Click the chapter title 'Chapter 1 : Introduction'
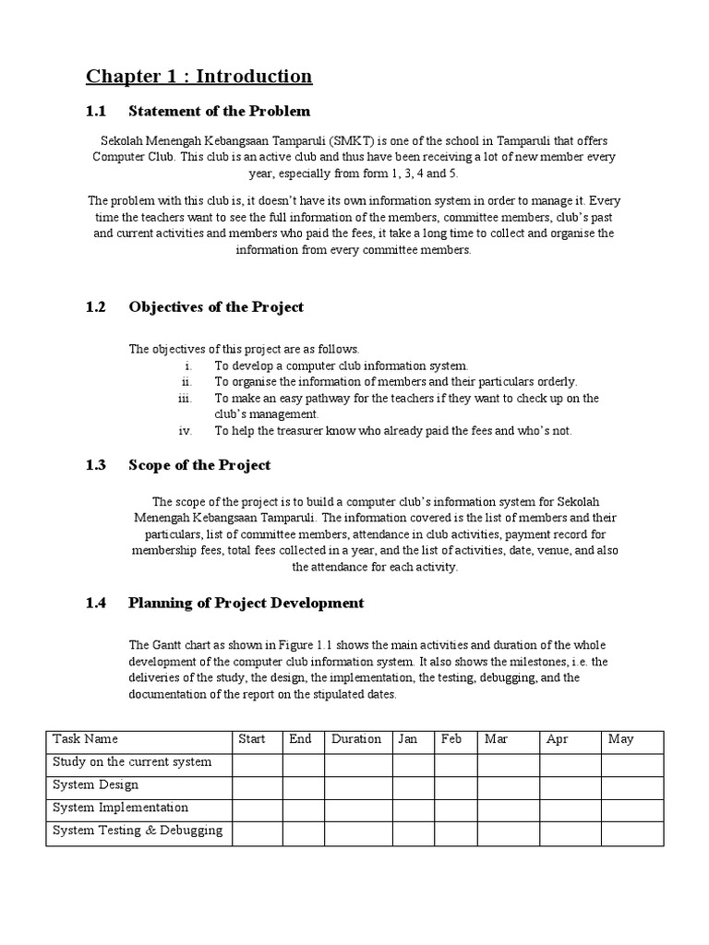point(199,76)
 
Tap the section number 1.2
point(96,306)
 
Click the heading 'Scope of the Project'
point(199,465)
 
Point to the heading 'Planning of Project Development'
point(246,603)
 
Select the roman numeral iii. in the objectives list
point(182,398)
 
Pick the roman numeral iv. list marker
point(184,431)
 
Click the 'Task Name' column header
point(86,739)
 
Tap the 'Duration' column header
point(356,739)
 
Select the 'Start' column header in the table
point(252,739)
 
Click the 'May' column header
point(620,739)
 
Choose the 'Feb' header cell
point(451,739)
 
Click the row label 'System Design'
point(96,784)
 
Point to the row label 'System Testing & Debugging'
point(138,830)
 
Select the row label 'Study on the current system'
point(132,762)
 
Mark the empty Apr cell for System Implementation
point(570,809)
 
